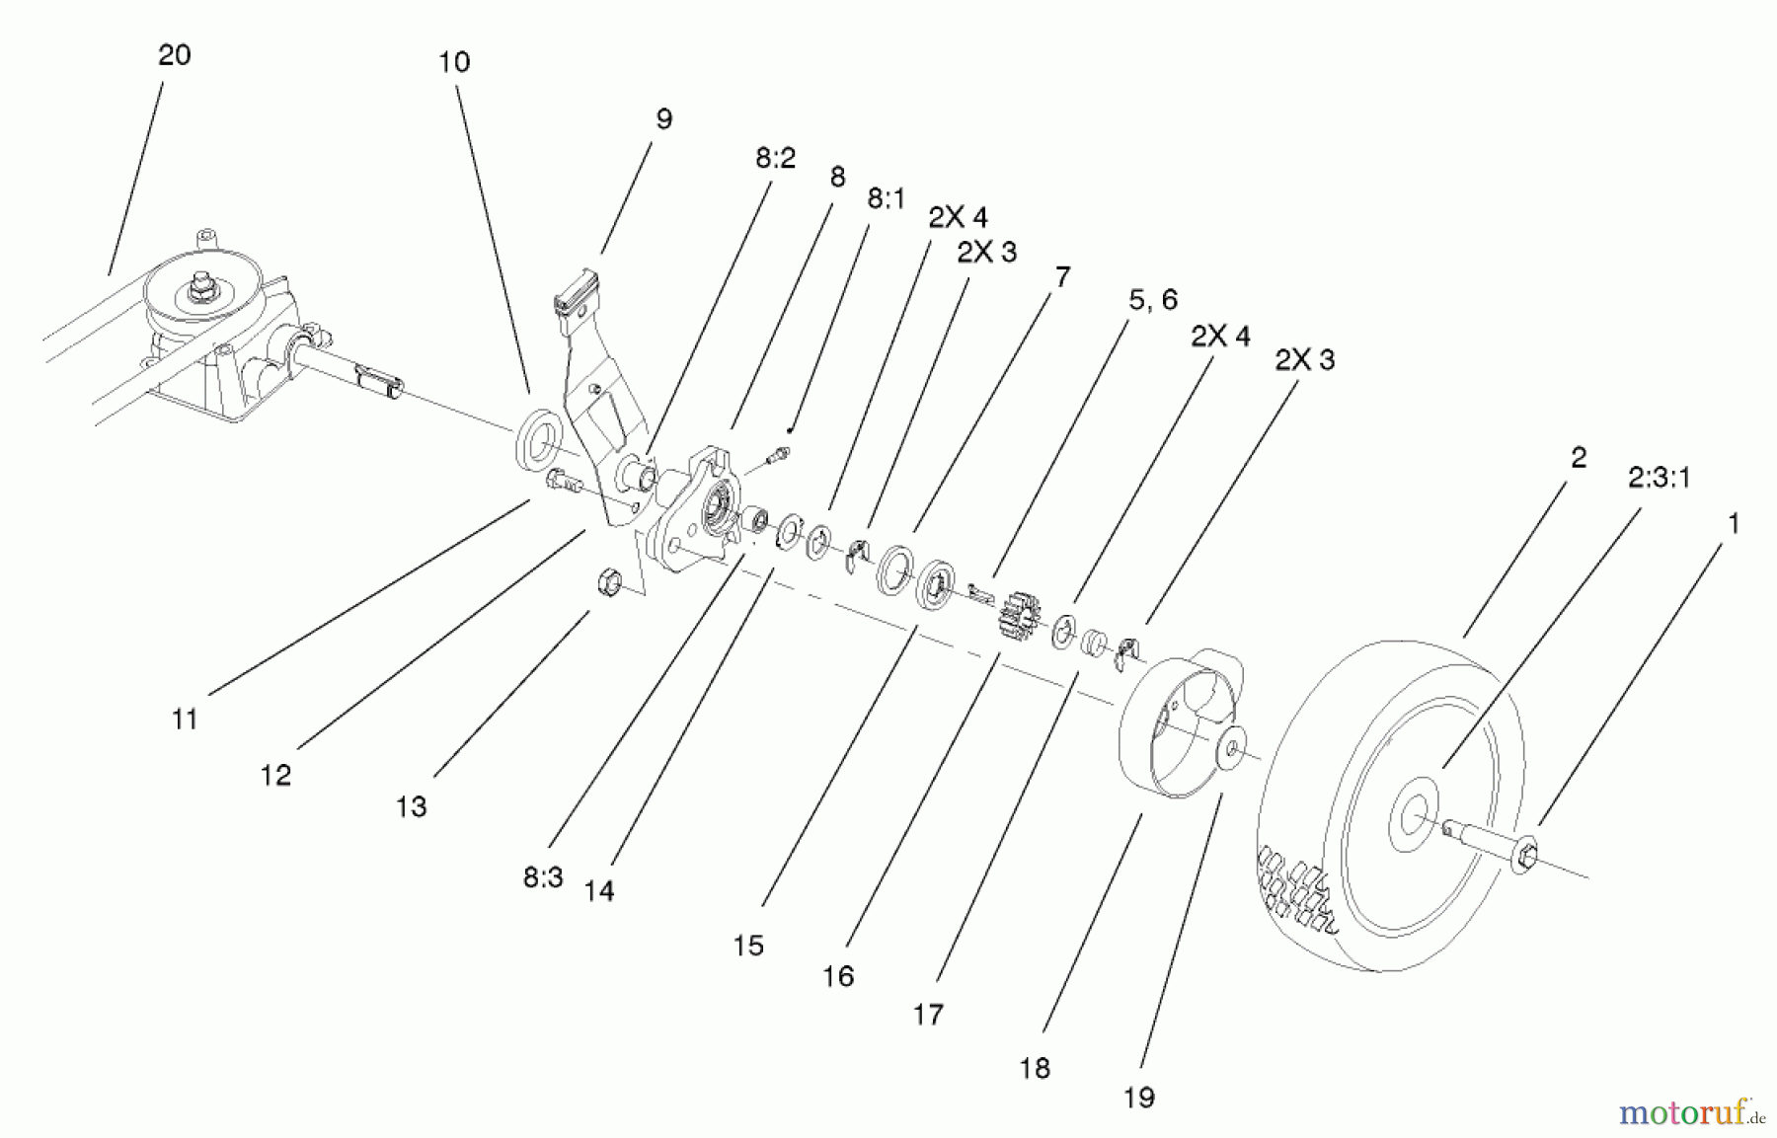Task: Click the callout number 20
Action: point(174,55)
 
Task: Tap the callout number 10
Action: point(454,62)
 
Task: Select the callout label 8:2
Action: point(775,158)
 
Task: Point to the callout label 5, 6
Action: point(1152,299)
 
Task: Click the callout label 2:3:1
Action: point(1659,478)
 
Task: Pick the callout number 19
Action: point(1138,1098)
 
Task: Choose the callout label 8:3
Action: point(543,876)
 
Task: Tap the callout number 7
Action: point(1061,277)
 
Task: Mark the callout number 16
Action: point(837,976)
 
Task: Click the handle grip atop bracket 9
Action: point(577,292)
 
